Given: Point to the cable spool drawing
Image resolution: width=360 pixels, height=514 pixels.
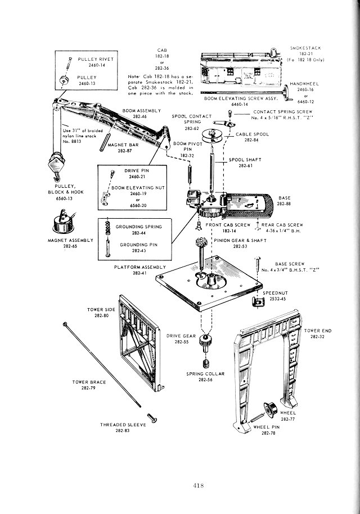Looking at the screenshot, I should pyautogui.click(x=214, y=136).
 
